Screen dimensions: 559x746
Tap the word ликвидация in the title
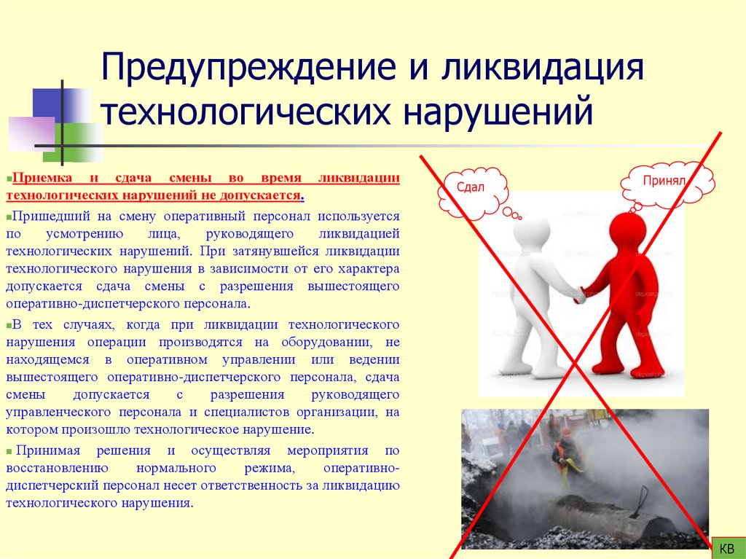click(x=540, y=70)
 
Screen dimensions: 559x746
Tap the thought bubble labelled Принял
click(x=665, y=183)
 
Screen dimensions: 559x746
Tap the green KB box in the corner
click(x=727, y=547)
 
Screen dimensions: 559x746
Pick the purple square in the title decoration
click(x=31, y=134)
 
